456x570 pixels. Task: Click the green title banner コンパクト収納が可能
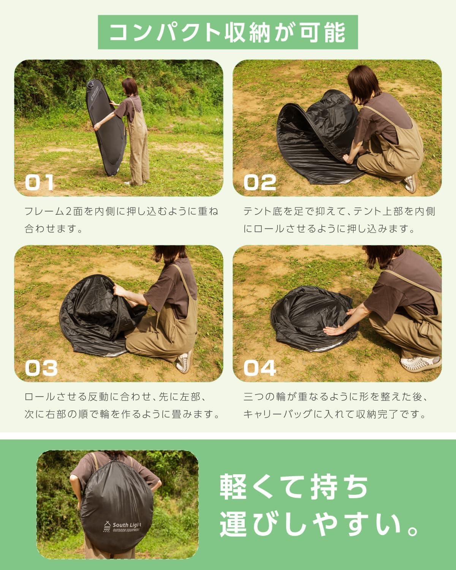point(228,32)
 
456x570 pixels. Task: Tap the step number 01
point(40,183)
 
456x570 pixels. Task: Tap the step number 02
point(260,183)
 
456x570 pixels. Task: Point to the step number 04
point(260,368)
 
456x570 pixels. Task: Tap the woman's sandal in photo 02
point(412,183)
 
